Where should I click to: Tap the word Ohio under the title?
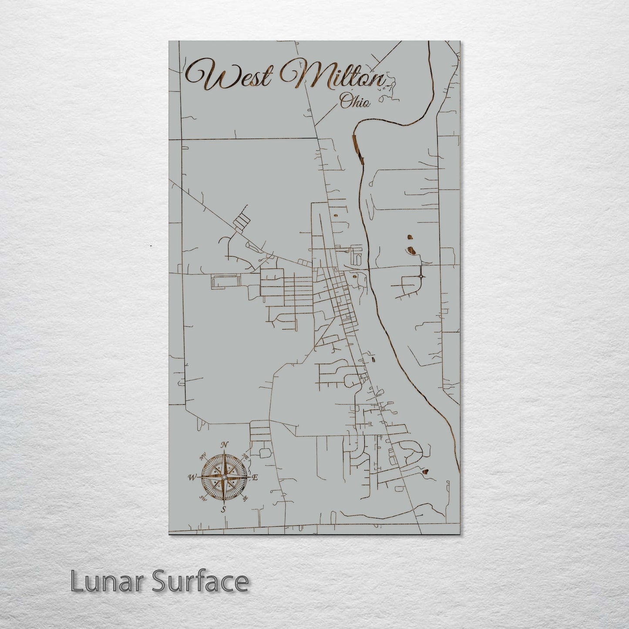pyautogui.click(x=355, y=102)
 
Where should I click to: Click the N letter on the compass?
pyautogui.click(x=225, y=444)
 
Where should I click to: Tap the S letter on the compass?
pyautogui.click(x=223, y=509)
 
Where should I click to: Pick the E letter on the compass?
pyautogui.click(x=256, y=478)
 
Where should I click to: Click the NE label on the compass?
pyautogui.click(x=245, y=457)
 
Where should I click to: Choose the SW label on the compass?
pyautogui.click(x=202, y=498)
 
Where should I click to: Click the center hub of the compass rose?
pyautogui.click(x=223, y=478)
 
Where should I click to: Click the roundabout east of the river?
pyautogui.click(x=421, y=276)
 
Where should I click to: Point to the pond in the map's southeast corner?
pyautogui.click(x=424, y=471)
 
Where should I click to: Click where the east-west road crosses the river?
pyautogui.click(x=369, y=269)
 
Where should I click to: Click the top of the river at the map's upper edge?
pyautogui.click(x=429, y=43)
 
